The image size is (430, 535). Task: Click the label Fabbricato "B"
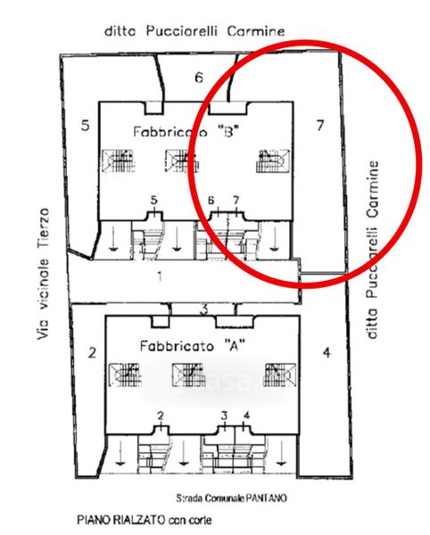tap(186, 132)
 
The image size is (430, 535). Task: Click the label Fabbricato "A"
tap(193, 346)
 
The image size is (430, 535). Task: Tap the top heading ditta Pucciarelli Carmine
tap(194, 31)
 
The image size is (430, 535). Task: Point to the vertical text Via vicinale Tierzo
tap(44, 274)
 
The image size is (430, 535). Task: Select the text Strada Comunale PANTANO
tap(231, 498)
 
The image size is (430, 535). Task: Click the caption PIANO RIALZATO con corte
tap(145, 520)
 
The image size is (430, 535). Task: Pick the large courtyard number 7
tap(319, 126)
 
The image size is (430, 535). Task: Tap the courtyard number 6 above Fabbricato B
tap(199, 78)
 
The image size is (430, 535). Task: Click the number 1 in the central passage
tap(160, 276)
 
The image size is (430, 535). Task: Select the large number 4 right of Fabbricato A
tap(327, 352)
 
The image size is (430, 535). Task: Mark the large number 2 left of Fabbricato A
tap(92, 352)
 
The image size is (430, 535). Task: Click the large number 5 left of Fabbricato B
tap(85, 125)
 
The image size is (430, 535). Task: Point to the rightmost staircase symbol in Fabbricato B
tap(273, 161)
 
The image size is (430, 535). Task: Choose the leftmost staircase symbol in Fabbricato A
tap(125, 375)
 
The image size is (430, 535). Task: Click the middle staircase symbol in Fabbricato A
tap(189, 375)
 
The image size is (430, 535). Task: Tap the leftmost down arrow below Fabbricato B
tap(113, 239)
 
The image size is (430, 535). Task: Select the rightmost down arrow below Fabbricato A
tap(281, 454)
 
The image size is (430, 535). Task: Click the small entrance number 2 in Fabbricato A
tap(161, 416)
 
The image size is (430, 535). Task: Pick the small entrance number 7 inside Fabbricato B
tap(236, 201)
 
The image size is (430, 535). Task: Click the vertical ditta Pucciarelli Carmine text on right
tap(372, 250)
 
